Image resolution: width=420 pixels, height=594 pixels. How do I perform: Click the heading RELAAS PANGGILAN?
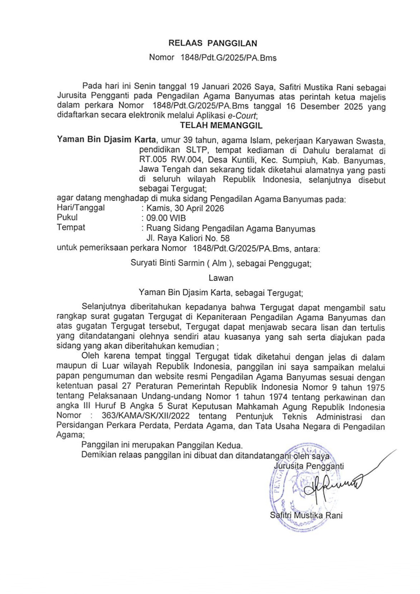click(213, 44)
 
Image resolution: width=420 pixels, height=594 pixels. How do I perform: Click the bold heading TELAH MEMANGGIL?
click(221, 126)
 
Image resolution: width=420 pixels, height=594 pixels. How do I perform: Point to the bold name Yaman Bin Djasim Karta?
click(106, 139)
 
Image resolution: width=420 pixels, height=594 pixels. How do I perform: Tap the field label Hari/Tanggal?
click(81, 208)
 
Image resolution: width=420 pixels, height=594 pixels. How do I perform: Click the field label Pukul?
click(67, 218)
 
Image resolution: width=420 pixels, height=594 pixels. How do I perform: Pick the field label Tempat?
click(71, 228)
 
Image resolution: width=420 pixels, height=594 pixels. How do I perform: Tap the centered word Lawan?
click(221, 278)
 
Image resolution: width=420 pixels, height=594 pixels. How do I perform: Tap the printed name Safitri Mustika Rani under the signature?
click(306, 515)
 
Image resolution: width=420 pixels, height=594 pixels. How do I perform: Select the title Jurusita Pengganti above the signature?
click(309, 466)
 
